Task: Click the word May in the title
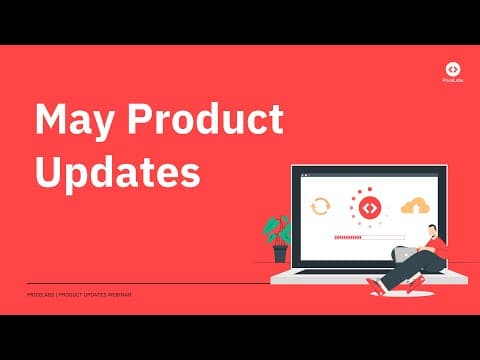tap(68, 122)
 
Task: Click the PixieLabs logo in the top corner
tap(452, 69)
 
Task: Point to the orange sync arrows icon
tap(321, 207)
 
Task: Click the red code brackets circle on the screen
tap(369, 207)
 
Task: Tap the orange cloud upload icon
tap(413, 206)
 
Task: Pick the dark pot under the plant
tap(280, 254)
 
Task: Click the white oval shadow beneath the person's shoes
tap(400, 291)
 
